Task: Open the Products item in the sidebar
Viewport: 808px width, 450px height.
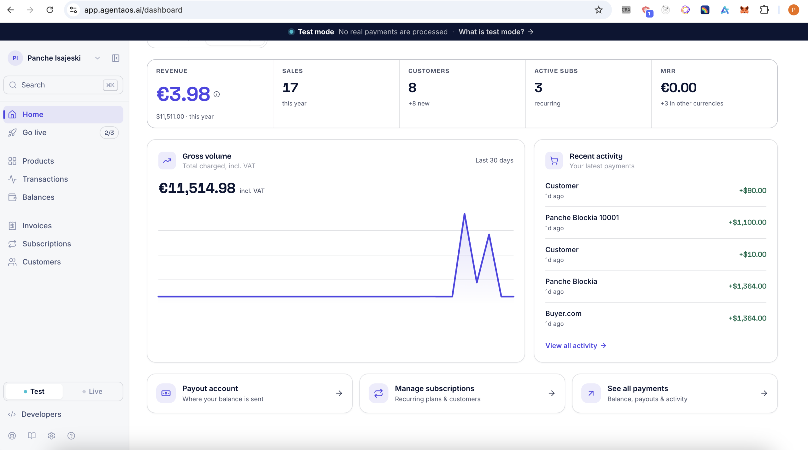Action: tap(38, 161)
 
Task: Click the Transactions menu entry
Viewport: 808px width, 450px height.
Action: tap(45, 179)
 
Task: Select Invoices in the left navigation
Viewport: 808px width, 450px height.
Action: tap(37, 225)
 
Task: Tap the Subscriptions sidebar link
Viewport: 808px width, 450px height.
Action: tap(46, 244)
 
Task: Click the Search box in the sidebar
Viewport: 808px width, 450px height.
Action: tap(63, 85)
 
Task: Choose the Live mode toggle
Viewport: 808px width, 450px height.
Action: tap(92, 391)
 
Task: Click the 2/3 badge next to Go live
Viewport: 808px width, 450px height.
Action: tap(109, 133)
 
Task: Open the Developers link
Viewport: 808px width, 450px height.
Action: tap(41, 414)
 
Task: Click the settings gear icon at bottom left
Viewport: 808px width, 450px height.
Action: tap(51, 436)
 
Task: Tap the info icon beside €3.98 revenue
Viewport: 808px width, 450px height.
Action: tap(217, 94)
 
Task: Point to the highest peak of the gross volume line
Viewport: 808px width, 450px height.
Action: tap(464, 214)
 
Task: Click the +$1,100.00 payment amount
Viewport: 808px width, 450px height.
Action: tap(747, 222)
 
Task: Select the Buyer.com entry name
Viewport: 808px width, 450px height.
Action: tap(563, 314)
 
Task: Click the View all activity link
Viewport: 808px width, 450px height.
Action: tap(576, 345)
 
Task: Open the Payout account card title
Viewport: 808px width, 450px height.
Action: tap(210, 388)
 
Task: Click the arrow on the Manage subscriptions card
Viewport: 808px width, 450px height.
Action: tap(551, 393)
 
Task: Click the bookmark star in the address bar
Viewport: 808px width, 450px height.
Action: tap(598, 10)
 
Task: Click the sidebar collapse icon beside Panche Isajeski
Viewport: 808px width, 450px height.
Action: tap(116, 58)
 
